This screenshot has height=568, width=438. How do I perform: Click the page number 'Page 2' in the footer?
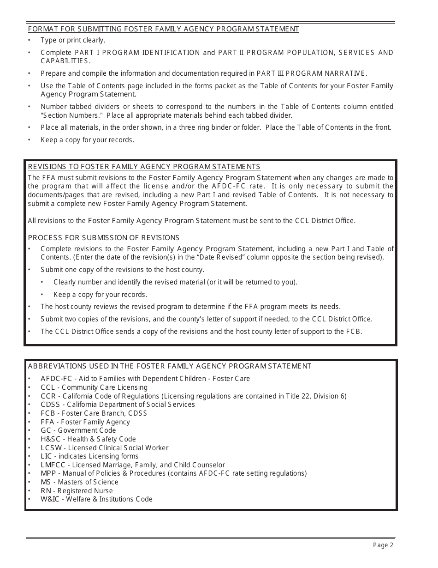[383, 545]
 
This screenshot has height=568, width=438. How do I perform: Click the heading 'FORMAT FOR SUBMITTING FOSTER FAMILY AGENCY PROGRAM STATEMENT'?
[164, 29]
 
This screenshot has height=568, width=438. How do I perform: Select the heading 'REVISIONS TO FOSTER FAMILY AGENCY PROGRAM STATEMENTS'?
[144, 167]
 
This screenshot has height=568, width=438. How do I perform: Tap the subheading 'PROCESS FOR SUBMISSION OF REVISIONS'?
[104, 238]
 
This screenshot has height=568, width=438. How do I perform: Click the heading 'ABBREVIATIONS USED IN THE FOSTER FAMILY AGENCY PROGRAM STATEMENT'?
[170, 366]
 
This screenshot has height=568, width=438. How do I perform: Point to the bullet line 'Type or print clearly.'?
[73, 40]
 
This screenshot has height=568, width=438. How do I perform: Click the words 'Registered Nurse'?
[85, 491]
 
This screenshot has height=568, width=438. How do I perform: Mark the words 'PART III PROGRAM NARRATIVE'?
[312, 73]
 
